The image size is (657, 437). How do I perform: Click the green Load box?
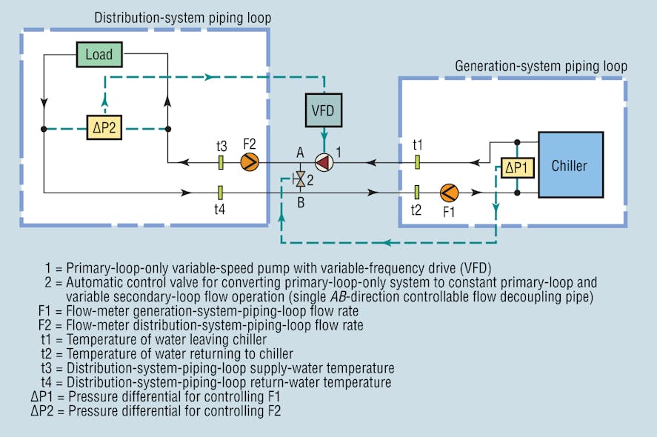click(x=99, y=55)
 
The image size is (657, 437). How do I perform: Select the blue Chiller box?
click(x=569, y=164)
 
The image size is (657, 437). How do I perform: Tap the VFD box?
click(x=323, y=111)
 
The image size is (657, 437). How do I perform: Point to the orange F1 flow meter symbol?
click(x=449, y=193)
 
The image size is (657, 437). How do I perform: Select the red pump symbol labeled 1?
click(x=323, y=161)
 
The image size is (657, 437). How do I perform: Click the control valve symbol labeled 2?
click(x=300, y=178)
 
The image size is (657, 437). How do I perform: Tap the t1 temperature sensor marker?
click(x=418, y=161)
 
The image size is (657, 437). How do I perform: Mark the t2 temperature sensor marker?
click(x=418, y=193)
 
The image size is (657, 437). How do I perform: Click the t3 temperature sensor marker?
click(x=220, y=161)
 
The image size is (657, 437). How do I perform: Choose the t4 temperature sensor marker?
click(x=220, y=193)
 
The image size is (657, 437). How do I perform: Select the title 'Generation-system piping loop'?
click(x=541, y=67)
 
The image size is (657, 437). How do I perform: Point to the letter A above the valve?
click(x=300, y=152)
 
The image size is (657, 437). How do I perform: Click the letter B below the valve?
click(x=300, y=199)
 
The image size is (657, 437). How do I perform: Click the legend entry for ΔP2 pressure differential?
click(x=156, y=410)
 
